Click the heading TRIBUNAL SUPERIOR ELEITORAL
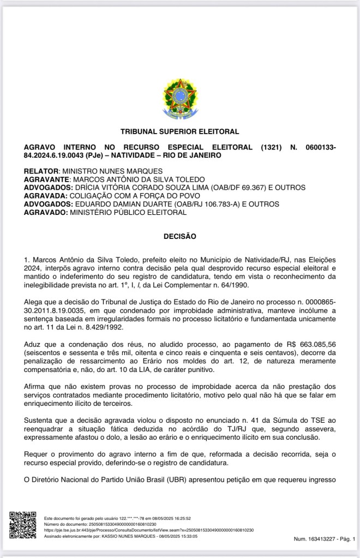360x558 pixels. [179, 131]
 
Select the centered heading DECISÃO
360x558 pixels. [179, 236]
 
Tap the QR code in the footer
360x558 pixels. [22, 525]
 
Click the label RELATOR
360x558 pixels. [41, 171]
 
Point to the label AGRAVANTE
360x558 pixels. [47, 179]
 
